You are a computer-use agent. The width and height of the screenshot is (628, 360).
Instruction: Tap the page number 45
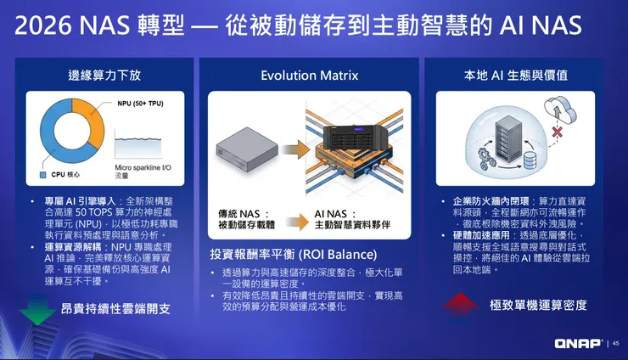pyautogui.click(x=615, y=343)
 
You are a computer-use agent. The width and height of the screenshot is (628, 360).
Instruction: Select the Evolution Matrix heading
pyautogui.click(x=309, y=75)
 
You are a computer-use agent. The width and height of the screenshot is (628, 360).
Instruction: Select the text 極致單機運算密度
pyautogui.click(x=537, y=305)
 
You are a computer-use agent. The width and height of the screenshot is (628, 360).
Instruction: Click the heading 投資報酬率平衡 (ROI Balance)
pyautogui.click(x=293, y=254)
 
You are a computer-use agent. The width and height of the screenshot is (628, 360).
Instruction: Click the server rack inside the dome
pyautogui.click(x=509, y=137)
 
